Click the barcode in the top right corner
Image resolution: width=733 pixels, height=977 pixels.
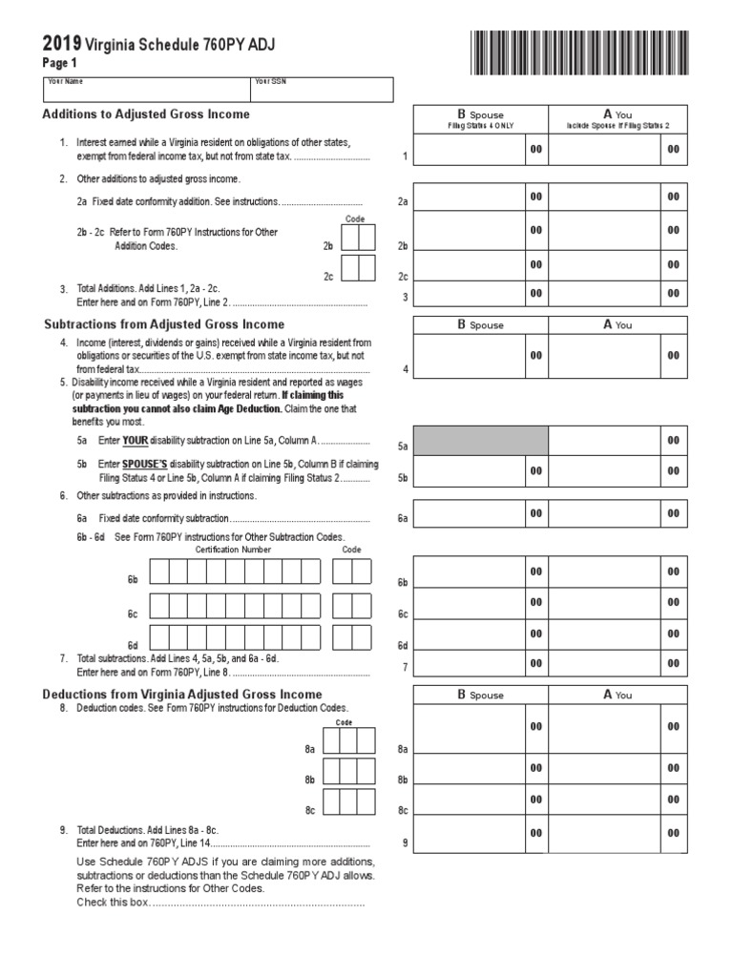coord(577,52)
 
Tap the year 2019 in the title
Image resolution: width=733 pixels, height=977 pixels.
coord(62,44)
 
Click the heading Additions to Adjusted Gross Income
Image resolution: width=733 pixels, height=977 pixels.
coord(146,114)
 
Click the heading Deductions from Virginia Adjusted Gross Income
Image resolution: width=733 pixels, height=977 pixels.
coord(182,694)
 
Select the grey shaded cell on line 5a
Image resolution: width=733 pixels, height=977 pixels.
coord(480,441)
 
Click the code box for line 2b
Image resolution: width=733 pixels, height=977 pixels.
coord(358,238)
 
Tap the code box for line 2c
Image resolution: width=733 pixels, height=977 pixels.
coord(358,268)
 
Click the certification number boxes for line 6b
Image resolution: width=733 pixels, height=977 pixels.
coord(235,572)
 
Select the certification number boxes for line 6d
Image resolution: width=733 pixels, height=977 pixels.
coord(235,636)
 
